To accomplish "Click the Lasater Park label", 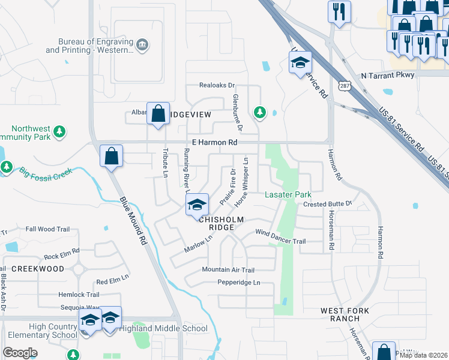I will click(288, 195).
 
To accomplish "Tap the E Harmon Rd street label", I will click(215, 143).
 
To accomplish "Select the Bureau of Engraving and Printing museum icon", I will click(142, 45).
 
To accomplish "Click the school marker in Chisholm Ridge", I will click(196, 205).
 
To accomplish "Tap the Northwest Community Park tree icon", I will click(59, 131).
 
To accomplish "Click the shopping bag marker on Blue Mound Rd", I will click(112, 157).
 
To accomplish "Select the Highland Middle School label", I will click(163, 328).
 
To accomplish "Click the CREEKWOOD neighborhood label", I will click(37, 269).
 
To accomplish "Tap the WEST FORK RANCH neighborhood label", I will click(340, 314).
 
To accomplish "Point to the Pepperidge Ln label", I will click(239, 283).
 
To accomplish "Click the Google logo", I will click(20, 353).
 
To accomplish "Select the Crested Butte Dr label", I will click(327, 204).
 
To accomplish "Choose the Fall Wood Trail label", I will click(48, 229).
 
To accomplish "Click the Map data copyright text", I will click(424, 355).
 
